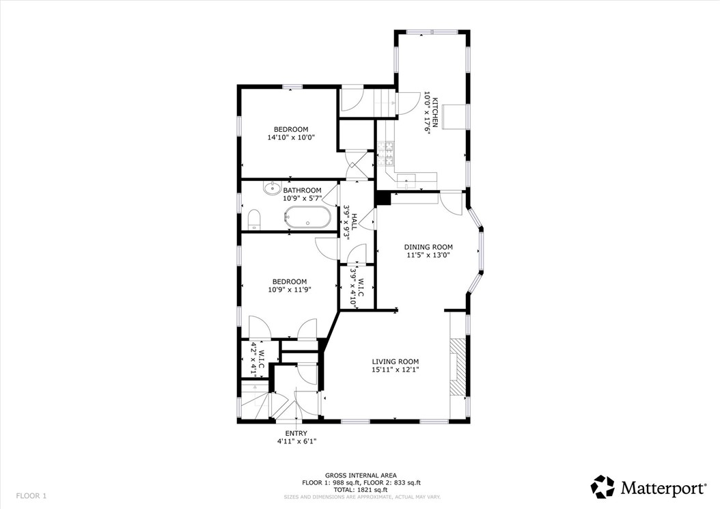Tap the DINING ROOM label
(428, 247)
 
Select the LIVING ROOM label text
(395, 361)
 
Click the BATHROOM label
(302, 191)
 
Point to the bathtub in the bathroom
(307, 217)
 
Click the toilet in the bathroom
(254, 219)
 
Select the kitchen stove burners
(387, 153)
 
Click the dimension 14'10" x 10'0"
(291, 137)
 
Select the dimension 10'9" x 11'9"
(289, 290)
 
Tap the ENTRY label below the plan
(296, 433)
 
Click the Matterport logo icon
(603, 487)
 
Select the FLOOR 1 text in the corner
(31, 495)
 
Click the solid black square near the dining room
(382, 198)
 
